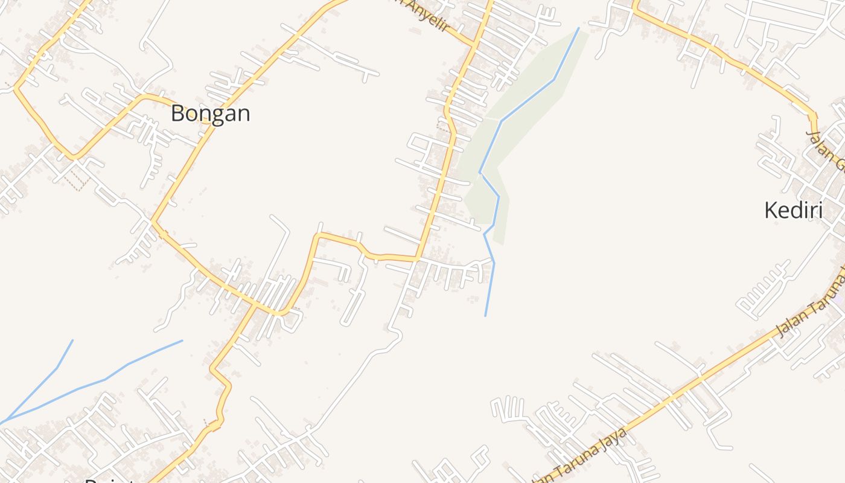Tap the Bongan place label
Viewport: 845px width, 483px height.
[x=210, y=113]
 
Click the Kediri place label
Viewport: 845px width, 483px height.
[x=793, y=211]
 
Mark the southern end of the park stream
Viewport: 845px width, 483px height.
[x=485, y=315]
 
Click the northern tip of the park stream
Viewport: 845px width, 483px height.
[x=578, y=28]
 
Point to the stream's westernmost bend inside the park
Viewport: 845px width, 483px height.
[x=480, y=173]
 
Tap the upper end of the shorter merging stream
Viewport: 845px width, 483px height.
[x=72, y=340]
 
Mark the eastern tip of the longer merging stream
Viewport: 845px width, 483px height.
[x=182, y=341]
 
